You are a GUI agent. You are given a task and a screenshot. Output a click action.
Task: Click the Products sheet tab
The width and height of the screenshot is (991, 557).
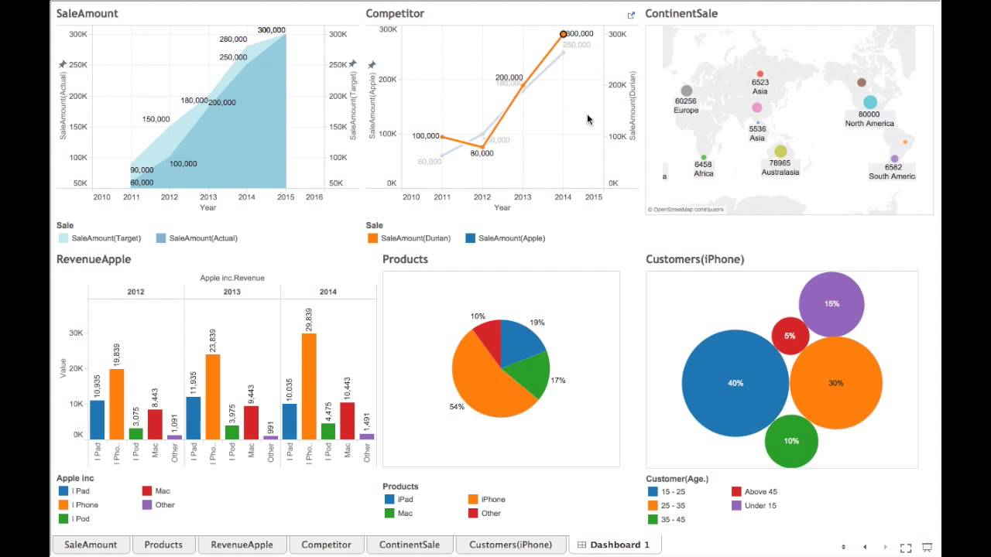click(x=163, y=545)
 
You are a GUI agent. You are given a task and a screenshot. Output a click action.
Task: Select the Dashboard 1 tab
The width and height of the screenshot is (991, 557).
click(x=613, y=545)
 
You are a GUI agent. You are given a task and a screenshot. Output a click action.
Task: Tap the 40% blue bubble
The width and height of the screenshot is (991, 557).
click(x=735, y=383)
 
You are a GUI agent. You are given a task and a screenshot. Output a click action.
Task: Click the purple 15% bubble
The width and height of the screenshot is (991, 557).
click(x=832, y=304)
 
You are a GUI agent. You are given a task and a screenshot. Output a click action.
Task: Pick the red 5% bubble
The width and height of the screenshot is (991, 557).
click(x=790, y=336)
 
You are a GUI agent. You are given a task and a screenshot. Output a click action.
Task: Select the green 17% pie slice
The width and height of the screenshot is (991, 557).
click(x=531, y=373)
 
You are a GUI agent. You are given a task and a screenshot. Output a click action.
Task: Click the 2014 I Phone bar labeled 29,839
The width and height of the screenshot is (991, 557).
click(x=309, y=387)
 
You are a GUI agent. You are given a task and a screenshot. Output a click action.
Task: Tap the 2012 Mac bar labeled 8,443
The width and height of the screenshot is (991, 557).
click(x=155, y=424)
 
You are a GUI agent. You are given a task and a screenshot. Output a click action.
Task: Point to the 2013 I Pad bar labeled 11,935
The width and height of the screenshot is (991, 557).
click(x=194, y=418)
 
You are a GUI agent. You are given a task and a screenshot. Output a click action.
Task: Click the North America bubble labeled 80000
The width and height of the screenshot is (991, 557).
click(x=870, y=102)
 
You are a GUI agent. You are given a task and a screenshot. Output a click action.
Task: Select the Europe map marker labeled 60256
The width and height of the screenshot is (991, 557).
click(x=686, y=91)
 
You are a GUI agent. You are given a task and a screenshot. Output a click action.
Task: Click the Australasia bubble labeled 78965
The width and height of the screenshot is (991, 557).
click(x=780, y=152)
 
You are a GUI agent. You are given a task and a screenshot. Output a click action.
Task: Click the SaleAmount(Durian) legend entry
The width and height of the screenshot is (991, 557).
click(x=415, y=238)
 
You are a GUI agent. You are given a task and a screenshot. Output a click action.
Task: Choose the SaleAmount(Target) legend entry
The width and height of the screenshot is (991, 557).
click(x=105, y=238)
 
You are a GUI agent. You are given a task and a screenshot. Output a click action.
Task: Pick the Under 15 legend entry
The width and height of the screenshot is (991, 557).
click(x=760, y=506)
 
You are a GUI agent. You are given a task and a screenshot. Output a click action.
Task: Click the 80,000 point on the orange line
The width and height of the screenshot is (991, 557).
click(x=482, y=147)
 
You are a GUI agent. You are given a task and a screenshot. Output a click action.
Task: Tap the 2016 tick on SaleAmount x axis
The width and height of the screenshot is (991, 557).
click(x=314, y=197)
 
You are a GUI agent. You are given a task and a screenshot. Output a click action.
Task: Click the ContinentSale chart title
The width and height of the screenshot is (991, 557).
click(x=681, y=13)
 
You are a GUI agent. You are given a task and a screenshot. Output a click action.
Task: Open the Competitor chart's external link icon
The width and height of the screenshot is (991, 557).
click(x=631, y=15)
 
